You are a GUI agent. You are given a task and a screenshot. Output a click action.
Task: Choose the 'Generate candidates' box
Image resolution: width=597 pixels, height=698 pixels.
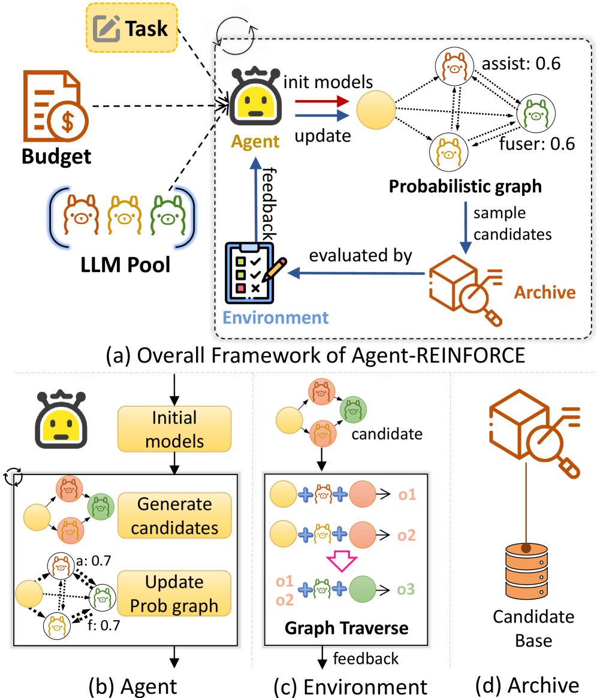coord(174,516)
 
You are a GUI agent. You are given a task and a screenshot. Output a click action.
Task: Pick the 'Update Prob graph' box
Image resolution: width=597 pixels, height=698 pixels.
coord(174,593)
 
